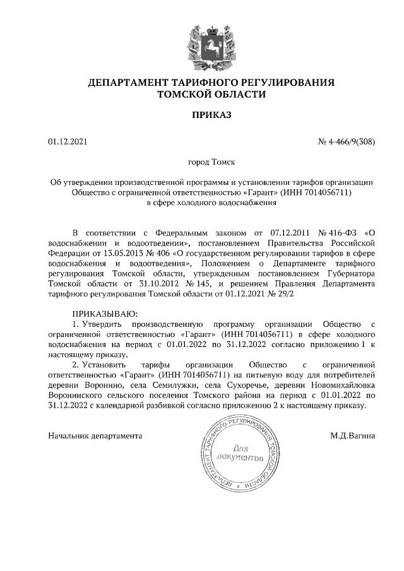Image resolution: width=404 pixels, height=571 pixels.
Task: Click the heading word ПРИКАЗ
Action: (x=211, y=115)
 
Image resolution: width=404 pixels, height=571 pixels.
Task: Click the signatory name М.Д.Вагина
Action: (x=352, y=435)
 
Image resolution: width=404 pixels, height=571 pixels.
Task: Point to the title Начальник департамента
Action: (x=95, y=435)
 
